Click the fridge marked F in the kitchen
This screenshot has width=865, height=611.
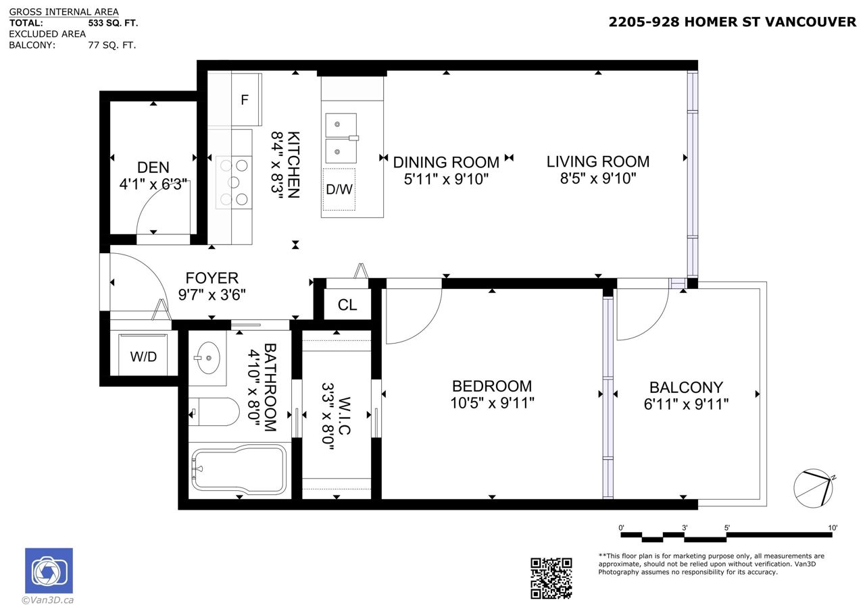[x=247, y=99]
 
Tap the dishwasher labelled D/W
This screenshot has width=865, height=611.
[x=339, y=190]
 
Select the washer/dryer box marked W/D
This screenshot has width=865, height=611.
[x=143, y=355]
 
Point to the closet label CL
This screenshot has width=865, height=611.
[x=347, y=305]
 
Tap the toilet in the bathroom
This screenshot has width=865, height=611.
[x=214, y=412]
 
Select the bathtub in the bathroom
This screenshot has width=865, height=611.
[x=239, y=471]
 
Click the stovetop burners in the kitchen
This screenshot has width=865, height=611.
[x=234, y=182]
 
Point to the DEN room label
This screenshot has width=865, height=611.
[x=153, y=167]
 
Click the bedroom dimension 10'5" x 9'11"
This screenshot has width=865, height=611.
[x=492, y=403]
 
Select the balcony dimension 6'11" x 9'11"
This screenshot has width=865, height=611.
[x=686, y=404]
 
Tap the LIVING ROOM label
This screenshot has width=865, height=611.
[x=598, y=161]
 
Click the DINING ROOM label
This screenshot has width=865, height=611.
[x=446, y=163]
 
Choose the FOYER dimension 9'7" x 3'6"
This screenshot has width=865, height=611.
[x=212, y=295]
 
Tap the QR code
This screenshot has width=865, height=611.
[x=551, y=578]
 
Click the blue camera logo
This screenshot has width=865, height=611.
[x=49, y=570]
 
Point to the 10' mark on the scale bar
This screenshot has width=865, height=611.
[x=833, y=528]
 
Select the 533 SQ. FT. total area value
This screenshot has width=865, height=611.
[x=113, y=23]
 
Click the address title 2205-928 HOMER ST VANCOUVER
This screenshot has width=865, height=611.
[x=732, y=22]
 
